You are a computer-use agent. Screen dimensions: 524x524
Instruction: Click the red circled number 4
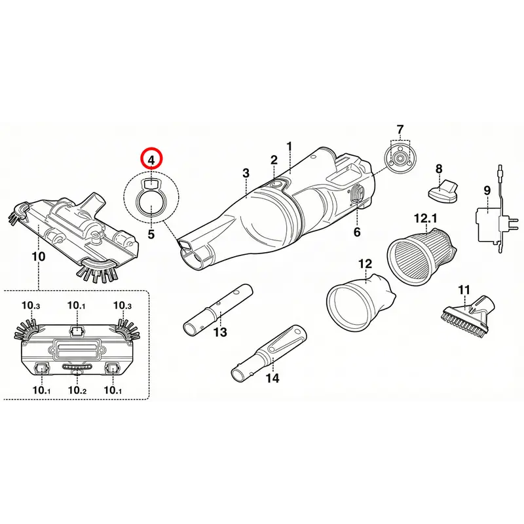(x=151, y=159)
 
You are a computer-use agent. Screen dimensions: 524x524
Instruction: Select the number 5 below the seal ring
(x=151, y=234)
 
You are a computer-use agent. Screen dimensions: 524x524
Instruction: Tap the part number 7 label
(x=400, y=129)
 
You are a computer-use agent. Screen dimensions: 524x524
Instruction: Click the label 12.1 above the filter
(x=425, y=219)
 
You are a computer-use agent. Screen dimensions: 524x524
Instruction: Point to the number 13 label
(x=220, y=332)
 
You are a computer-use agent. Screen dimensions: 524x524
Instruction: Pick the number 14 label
(x=272, y=378)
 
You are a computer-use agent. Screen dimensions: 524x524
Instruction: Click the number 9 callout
(x=487, y=191)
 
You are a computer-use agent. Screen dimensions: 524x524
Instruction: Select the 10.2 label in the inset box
(x=77, y=390)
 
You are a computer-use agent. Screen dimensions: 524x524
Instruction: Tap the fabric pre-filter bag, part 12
(x=361, y=301)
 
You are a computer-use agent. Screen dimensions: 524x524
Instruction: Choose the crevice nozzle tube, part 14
(x=269, y=353)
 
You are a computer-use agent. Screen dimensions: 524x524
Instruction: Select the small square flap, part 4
(x=151, y=183)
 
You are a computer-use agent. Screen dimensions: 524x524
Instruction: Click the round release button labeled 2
(x=276, y=183)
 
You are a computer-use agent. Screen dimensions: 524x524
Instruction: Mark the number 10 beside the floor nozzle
(x=39, y=257)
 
